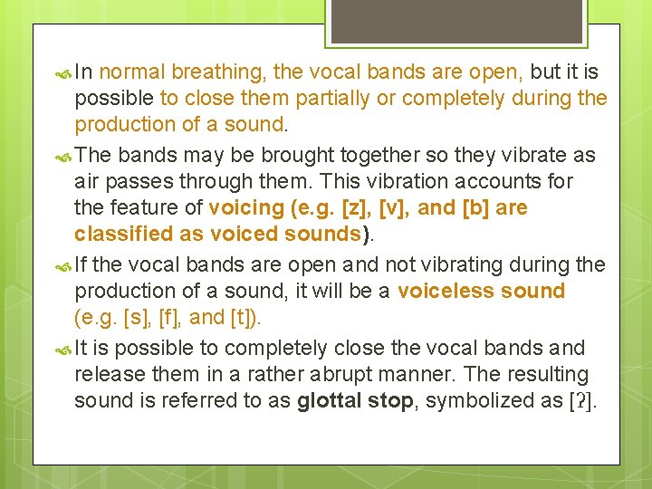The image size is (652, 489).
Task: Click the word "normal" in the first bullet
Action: tap(132, 72)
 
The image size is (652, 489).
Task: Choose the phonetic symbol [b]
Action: tap(477, 207)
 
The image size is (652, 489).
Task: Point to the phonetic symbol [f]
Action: tap(168, 317)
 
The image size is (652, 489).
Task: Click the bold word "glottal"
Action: tap(330, 400)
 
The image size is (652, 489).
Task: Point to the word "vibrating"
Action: tap(473, 264)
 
